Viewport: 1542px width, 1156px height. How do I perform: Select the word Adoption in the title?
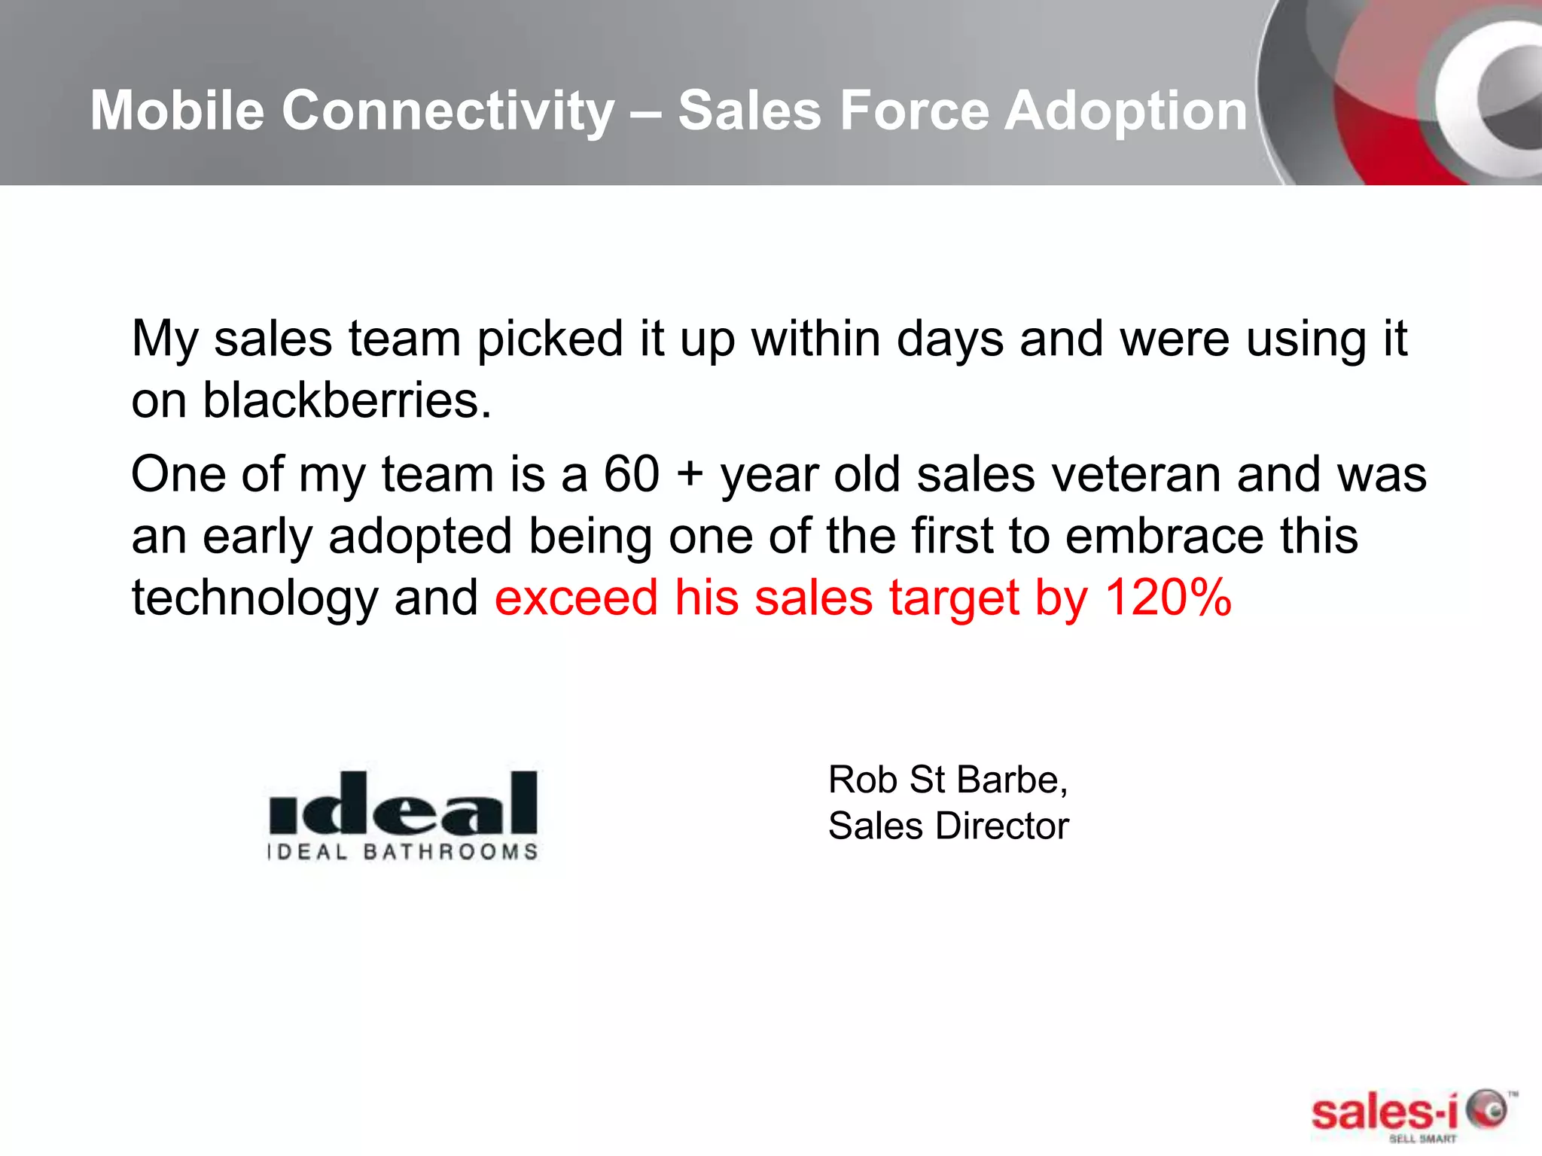tap(1126, 111)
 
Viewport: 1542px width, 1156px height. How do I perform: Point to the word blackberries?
tap(347, 400)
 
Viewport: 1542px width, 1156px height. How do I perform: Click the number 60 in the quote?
tap(632, 475)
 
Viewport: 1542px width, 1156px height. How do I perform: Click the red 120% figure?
tap(1168, 598)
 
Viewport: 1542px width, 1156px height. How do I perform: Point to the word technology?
tap(254, 599)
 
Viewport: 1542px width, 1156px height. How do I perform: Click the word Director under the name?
tap(1001, 826)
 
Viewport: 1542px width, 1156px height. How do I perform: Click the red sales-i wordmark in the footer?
tap(1384, 1112)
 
